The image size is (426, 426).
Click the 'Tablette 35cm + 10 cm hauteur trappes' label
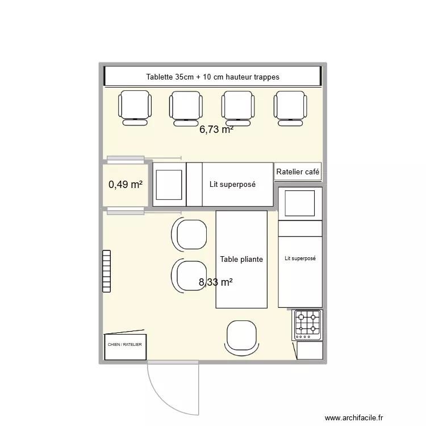click(x=212, y=77)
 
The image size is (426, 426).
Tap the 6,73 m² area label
click(x=216, y=130)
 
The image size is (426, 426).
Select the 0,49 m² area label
click(x=125, y=184)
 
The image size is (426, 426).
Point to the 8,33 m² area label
click(x=216, y=282)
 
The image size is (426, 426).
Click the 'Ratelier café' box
click(x=298, y=172)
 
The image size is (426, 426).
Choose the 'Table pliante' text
click(x=241, y=259)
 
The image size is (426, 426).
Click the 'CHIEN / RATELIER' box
click(x=125, y=345)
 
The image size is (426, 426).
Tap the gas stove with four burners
click(x=307, y=324)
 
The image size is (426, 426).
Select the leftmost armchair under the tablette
click(x=135, y=107)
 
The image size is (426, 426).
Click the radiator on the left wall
click(x=106, y=272)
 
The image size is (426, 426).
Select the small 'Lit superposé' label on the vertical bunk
click(x=300, y=258)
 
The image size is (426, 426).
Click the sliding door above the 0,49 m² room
click(x=126, y=159)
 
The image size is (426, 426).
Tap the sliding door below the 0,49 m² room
click(x=126, y=211)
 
